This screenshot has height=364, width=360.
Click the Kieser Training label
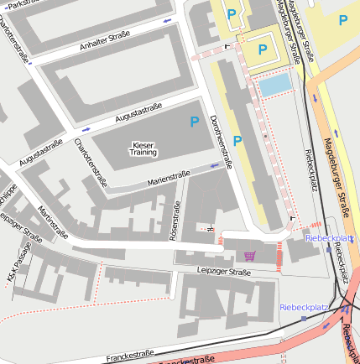[x=143, y=148]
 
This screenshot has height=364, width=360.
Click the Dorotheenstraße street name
[x=221, y=143]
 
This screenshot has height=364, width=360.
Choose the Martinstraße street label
[x=52, y=224]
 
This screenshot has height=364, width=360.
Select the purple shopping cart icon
[x=249, y=255]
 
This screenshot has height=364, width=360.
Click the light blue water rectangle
[x=274, y=84]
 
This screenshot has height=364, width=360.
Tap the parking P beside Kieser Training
[x=194, y=122]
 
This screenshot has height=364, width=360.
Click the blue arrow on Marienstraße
[x=216, y=166]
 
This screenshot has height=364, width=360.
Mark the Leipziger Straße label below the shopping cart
[x=223, y=272]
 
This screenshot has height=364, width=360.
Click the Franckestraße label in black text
[x=130, y=356]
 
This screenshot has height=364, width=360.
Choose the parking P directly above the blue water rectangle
[x=263, y=49]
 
